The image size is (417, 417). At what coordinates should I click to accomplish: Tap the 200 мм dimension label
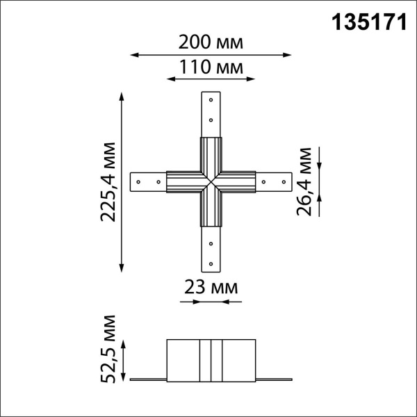(x=211, y=42)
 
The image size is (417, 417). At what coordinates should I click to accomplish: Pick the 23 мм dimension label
(x=211, y=286)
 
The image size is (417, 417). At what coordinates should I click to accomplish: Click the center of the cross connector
(x=211, y=182)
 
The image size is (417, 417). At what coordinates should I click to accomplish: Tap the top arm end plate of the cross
(x=211, y=114)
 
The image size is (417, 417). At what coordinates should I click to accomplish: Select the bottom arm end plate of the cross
(x=211, y=250)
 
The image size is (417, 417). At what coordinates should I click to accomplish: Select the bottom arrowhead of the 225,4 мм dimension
(x=123, y=268)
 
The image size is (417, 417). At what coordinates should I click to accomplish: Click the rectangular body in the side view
(x=211, y=359)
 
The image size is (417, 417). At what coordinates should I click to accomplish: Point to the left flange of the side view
(x=148, y=379)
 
